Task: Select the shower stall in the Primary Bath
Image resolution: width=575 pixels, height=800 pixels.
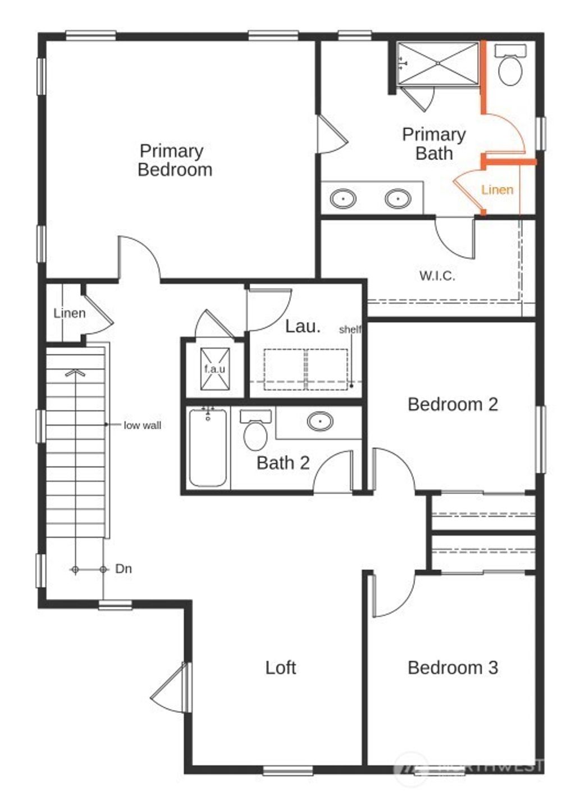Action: point(438,63)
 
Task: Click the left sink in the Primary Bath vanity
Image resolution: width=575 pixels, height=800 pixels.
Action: point(343,199)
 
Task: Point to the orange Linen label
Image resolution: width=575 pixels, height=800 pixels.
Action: point(497,190)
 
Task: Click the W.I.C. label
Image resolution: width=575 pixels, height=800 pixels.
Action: point(437,276)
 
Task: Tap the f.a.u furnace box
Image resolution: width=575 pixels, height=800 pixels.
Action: point(215,369)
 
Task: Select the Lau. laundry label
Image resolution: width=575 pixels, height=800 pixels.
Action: point(303,326)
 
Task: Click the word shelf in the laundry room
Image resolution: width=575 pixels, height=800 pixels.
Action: point(350,330)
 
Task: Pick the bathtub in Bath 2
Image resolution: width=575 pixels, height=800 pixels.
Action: point(208,447)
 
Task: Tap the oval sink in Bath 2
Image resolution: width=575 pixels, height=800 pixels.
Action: point(320,421)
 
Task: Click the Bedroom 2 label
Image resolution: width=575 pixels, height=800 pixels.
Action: point(453,404)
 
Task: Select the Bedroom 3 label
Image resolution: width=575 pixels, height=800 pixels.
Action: point(453,668)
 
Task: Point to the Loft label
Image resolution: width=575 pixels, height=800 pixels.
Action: point(280,668)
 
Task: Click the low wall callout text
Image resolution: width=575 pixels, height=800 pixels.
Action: point(142,426)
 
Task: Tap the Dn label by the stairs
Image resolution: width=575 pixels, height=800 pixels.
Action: point(124,569)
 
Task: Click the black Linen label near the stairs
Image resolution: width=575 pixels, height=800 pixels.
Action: point(70,313)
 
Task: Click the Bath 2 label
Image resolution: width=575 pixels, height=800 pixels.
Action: point(283,463)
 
